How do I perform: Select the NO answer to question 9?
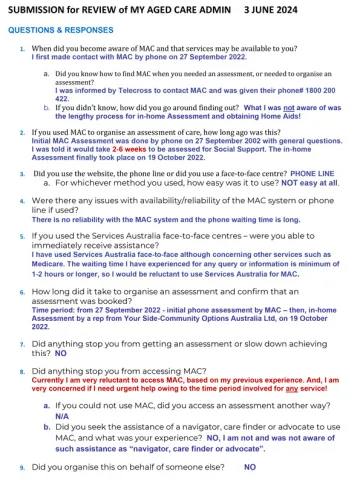[x=250, y=467]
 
